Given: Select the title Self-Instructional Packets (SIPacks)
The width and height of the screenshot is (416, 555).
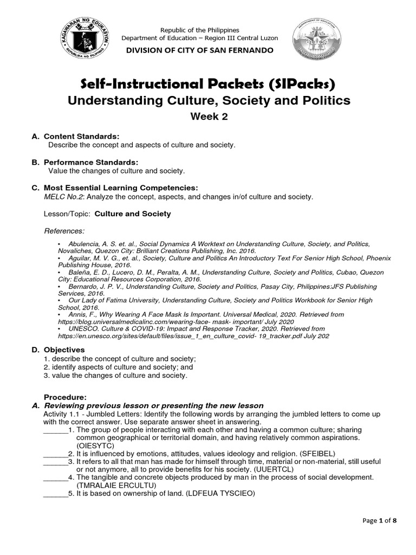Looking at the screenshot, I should coord(208,84).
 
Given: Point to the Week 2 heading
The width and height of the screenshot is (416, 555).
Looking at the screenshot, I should coord(208,116).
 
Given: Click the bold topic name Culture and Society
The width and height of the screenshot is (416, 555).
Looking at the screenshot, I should coord(133,214).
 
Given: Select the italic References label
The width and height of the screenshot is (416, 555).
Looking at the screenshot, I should coord(64,231).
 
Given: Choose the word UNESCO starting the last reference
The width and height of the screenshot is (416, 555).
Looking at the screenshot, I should coord(82,328).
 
